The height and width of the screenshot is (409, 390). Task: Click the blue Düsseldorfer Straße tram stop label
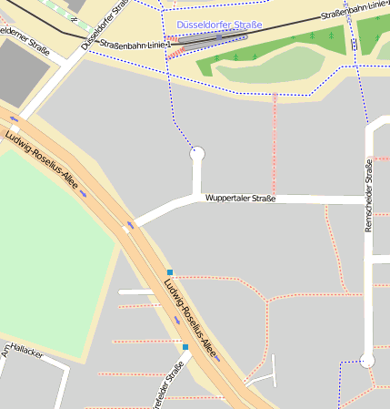click(220, 25)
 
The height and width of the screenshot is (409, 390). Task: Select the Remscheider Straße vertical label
click(368, 195)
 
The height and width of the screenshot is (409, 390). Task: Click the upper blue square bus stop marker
click(169, 272)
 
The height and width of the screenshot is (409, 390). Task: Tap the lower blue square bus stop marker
click(185, 347)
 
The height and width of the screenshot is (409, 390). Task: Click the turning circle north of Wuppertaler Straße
click(196, 155)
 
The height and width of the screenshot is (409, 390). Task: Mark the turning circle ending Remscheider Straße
click(367, 362)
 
